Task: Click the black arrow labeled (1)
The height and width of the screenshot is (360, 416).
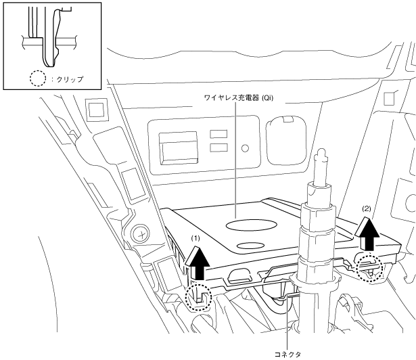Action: click(x=198, y=263)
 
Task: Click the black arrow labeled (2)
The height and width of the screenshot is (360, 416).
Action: click(x=368, y=233)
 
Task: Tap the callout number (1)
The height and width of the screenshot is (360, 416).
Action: click(x=195, y=239)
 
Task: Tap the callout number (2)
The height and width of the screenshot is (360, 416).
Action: click(x=367, y=209)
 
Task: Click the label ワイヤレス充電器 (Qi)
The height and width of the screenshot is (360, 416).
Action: click(x=239, y=98)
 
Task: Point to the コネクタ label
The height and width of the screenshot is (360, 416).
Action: click(x=287, y=354)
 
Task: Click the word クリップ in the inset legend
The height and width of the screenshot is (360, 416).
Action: click(x=70, y=79)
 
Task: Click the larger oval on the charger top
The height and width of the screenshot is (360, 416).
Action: click(x=251, y=225)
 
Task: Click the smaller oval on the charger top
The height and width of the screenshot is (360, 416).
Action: click(x=250, y=246)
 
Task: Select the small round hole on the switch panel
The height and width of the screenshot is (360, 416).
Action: click(x=245, y=148)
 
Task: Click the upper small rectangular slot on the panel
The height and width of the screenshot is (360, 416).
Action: click(x=218, y=134)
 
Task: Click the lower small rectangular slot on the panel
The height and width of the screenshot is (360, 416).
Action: click(x=218, y=148)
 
